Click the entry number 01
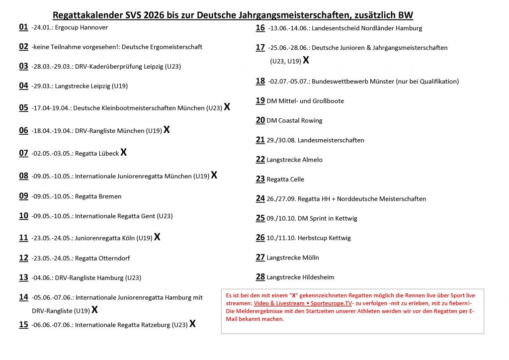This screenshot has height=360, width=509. pos(23,27)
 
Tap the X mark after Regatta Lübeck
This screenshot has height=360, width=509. pos(124,152)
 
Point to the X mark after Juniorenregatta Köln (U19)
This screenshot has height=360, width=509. pos(157,237)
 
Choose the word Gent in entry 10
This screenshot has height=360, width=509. pos(147,216)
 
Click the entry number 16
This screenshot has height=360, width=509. pos(260,28)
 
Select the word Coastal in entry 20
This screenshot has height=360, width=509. pos(289,120)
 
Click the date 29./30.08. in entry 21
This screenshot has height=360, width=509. pos(281,140)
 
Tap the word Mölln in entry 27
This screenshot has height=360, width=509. pos(310,258)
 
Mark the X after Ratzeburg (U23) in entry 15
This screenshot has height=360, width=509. pos(192,324)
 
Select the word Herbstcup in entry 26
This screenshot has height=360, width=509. pos(311,238)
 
